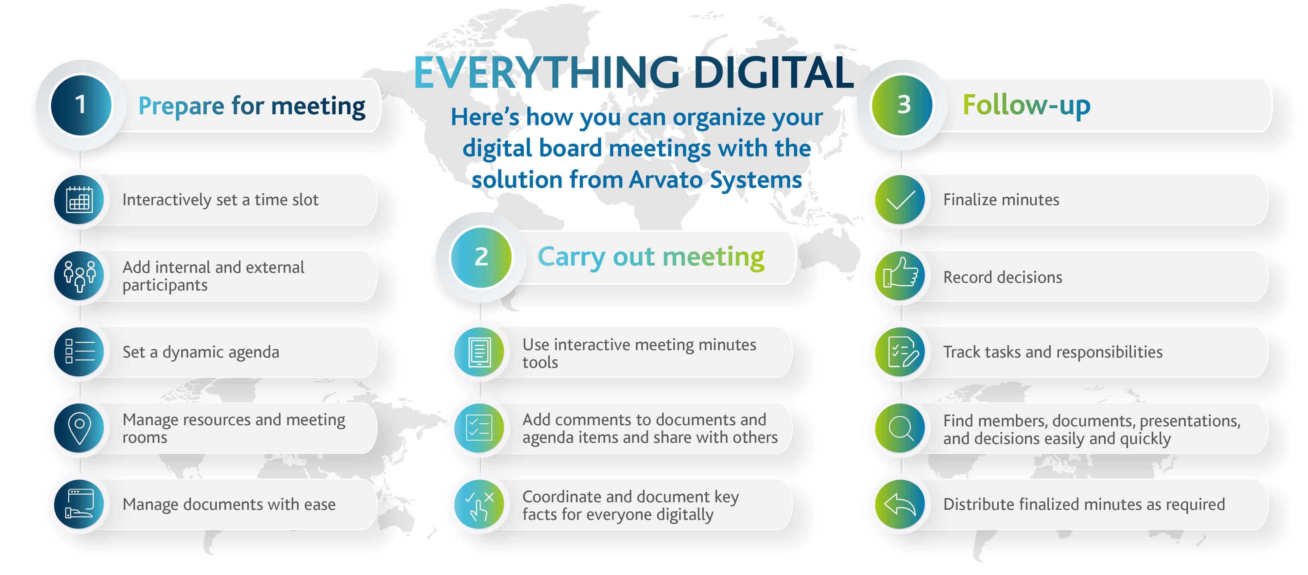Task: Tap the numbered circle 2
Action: pyautogui.click(x=481, y=257)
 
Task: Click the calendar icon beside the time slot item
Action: pyautogui.click(x=79, y=199)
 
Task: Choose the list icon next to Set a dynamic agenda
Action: pyautogui.click(x=79, y=352)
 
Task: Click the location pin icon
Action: pyautogui.click(x=79, y=428)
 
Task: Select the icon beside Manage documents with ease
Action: pyautogui.click(x=79, y=504)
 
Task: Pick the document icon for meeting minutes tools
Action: pyautogui.click(x=479, y=352)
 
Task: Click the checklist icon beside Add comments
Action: pyautogui.click(x=479, y=428)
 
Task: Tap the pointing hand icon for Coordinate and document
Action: pyautogui.click(x=479, y=504)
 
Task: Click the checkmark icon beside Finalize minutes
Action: pyautogui.click(x=900, y=199)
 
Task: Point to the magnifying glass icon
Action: pyautogui.click(x=900, y=428)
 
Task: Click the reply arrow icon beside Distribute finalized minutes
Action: pyautogui.click(x=900, y=504)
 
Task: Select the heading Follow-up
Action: pyautogui.click(x=1026, y=105)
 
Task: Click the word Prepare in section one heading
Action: pyautogui.click(x=181, y=107)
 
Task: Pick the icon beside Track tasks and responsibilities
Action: pyautogui.click(x=900, y=352)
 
